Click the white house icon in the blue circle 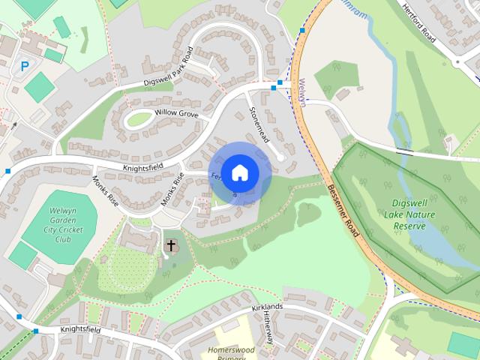(239, 172)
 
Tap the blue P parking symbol (25, 66)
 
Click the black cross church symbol (171, 245)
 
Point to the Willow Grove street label (175, 113)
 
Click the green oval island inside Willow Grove (138, 118)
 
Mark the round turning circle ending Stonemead (280, 157)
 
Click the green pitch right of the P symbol (39, 88)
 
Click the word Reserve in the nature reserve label (414, 225)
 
